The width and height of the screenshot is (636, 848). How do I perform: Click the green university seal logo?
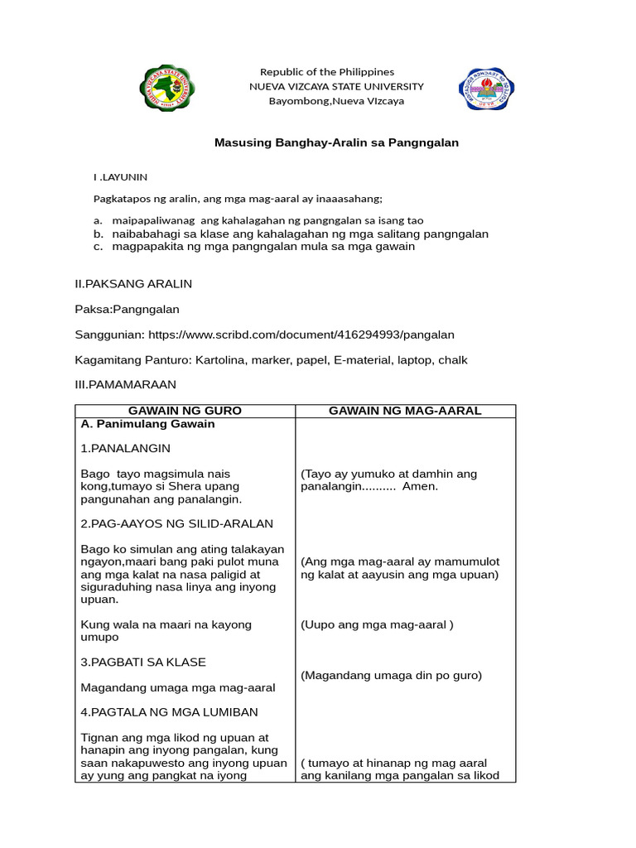click(x=168, y=86)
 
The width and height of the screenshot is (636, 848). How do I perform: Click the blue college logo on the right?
click(x=486, y=86)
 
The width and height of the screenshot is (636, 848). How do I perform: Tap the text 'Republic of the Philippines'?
click(x=327, y=72)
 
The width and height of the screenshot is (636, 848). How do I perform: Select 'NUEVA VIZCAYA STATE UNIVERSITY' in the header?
click(x=336, y=86)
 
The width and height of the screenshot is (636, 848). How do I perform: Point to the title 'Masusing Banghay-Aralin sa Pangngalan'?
click(x=336, y=142)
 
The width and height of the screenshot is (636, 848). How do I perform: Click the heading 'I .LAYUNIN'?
click(x=120, y=176)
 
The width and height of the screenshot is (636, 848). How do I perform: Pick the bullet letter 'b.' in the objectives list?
click(x=98, y=234)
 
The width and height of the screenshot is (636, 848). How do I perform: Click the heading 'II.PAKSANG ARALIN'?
click(x=133, y=284)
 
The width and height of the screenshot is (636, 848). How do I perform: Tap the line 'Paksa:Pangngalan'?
click(x=127, y=310)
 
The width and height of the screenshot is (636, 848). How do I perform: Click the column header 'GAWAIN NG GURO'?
click(x=185, y=412)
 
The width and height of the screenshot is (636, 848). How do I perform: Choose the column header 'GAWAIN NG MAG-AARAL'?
click(x=405, y=412)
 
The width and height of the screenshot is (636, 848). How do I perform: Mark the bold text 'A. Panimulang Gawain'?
click(x=147, y=424)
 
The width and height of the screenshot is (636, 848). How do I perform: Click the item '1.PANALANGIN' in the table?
click(x=126, y=448)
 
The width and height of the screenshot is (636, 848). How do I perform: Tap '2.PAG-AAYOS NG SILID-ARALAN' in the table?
click(x=176, y=523)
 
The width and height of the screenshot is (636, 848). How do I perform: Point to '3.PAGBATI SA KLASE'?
click(x=143, y=662)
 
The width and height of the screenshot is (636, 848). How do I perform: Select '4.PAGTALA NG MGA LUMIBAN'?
click(x=169, y=712)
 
